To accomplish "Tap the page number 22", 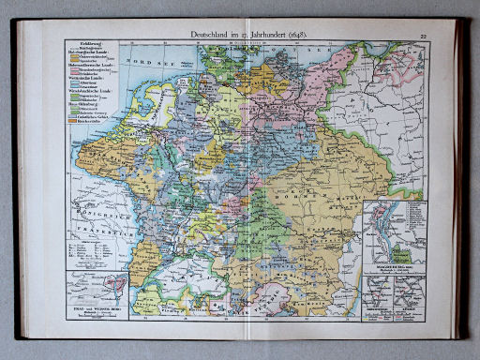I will tap(424, 36).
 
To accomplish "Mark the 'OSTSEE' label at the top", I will tap(309, 52).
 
